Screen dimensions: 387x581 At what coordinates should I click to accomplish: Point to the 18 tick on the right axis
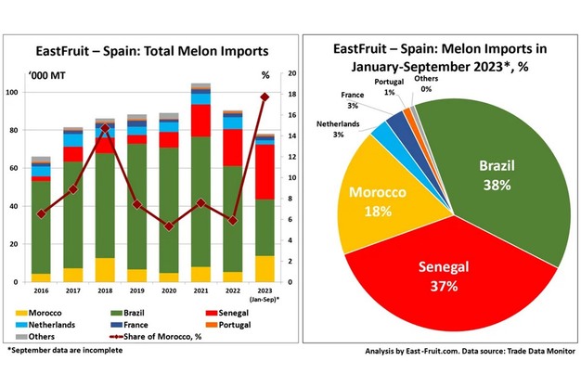pyautogui.click(x=292, y=93)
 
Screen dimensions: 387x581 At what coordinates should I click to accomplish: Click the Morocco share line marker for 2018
pyautogui.click(x=105, y=128)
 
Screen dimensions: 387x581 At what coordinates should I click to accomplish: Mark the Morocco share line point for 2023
pyautogui.click(x=265, y=97)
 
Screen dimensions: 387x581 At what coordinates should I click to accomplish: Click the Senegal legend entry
pyautogui.click(x=221, y=314)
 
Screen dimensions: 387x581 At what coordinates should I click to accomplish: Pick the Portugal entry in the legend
pyautogui.click(x=222, y=327)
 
